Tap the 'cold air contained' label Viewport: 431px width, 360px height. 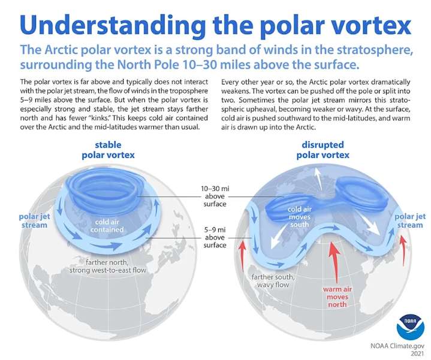point(108,226)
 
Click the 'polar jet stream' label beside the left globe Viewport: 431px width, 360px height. point(32,220)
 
